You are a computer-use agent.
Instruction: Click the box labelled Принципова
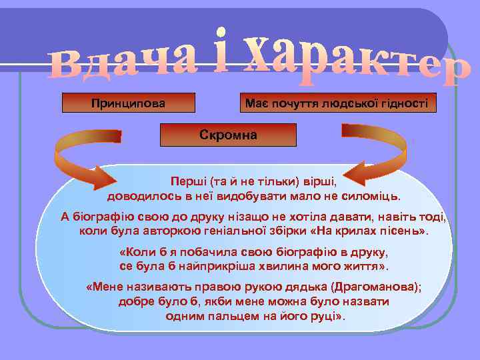[x=128, y=103]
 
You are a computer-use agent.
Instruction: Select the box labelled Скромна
[x=228, y=135]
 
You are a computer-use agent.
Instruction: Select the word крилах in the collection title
[x=363, y=231]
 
